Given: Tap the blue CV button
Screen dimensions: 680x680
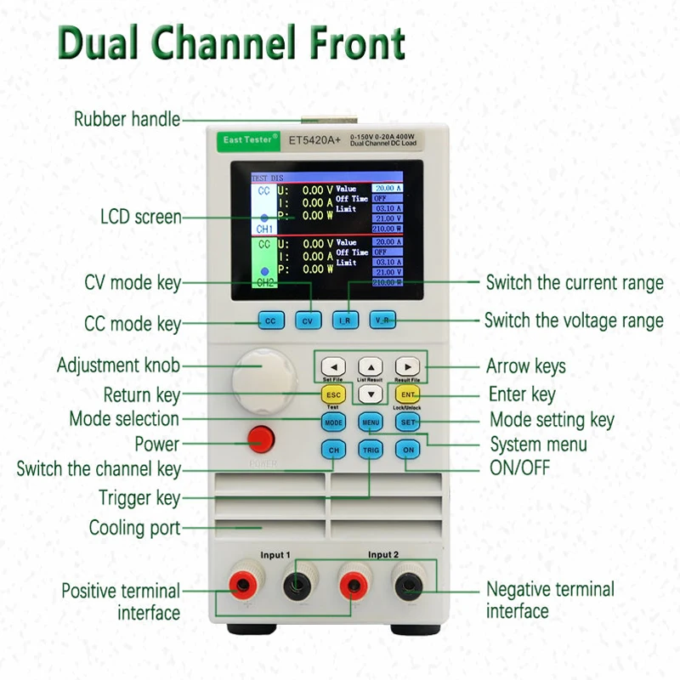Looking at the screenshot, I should pos(309,321).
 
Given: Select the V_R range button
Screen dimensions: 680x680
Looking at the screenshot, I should pos(382,321).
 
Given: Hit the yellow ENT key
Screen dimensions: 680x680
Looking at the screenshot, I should pos(407,394).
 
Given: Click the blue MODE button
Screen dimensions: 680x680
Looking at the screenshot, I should pos(333,422).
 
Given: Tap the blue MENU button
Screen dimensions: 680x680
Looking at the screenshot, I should pos(371,422).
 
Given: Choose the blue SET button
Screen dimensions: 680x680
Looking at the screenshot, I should pos(408,422).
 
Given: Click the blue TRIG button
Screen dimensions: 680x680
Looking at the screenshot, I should pos(371,450).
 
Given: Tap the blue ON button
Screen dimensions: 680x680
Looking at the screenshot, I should pos(408,450).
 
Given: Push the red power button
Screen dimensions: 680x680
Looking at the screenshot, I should pos(261,439).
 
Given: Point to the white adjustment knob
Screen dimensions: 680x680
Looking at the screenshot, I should pos(263,373).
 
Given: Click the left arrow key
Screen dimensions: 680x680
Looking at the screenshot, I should pos(334,367).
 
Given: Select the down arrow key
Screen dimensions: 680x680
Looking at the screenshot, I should pos(370,394).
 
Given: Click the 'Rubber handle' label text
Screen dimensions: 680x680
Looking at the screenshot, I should pos(127,120).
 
